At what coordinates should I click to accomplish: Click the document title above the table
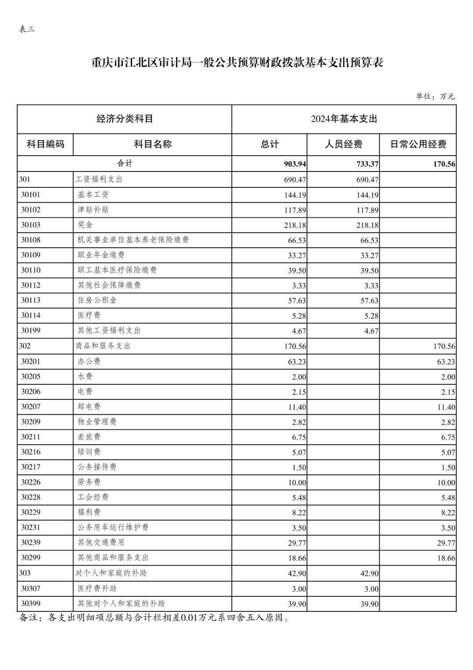point(237,63)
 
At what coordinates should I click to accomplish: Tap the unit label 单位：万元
point(435,96)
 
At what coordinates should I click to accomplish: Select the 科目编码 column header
point(45,144)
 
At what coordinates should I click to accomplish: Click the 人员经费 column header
point(343,144)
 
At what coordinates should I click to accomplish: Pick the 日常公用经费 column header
point(418,144)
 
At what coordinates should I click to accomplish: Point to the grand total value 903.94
point(295,164)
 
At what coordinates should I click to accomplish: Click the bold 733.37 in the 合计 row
point(368,164)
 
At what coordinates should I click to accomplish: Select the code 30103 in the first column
point(31,225)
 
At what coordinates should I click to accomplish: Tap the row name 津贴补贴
point(93,210)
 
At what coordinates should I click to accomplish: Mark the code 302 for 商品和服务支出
point(25,346)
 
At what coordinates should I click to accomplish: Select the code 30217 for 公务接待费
point(31,467)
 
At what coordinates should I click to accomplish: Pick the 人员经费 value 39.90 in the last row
point(370,604)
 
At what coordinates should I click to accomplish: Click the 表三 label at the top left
point(27,30)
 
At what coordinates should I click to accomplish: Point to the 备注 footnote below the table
point(154,618)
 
